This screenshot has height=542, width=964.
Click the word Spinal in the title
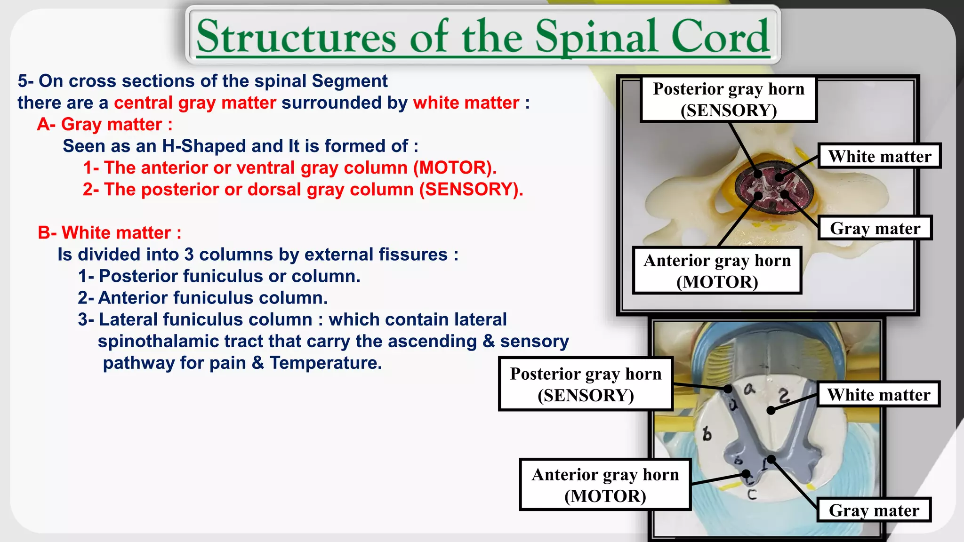tap(597, 37)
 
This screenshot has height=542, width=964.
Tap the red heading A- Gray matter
tap(104, 125)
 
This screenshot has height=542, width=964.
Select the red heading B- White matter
tap(109, 233)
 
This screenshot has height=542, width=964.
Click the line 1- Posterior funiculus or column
tap(219, 276)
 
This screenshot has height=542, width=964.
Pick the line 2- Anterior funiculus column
tap(202, 298)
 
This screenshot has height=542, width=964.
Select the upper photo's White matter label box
tap(879, 156)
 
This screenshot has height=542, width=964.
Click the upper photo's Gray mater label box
tap(875, 228)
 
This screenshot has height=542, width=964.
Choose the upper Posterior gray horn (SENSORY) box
tap(728, 99)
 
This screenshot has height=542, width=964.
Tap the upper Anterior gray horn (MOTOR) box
tap(717, 271)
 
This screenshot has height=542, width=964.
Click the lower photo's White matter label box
tap(878, 394)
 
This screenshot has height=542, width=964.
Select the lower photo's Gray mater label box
tap(874, 510)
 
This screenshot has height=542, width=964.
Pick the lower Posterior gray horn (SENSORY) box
tap(586, 384)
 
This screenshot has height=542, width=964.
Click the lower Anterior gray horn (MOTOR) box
tap(605, 485)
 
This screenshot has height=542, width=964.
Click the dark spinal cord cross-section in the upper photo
tap(771, 188)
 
